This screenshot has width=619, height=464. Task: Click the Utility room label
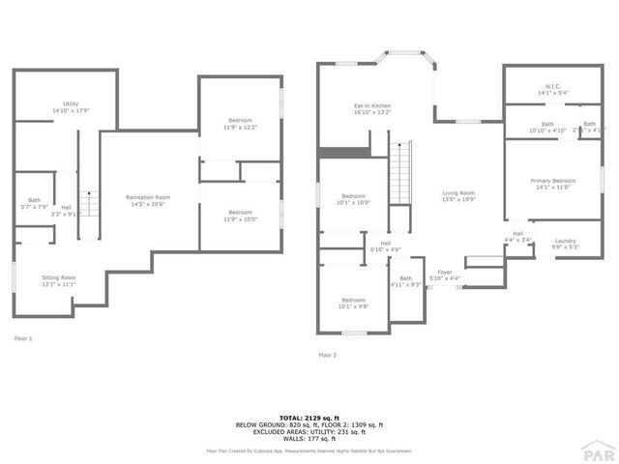coord(71,107)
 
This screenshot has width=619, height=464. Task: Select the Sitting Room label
coord(59,281)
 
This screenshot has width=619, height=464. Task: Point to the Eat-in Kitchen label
coord(371,108)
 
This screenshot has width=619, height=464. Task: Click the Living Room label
coord(458,196)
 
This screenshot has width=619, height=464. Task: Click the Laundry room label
coord(565,244)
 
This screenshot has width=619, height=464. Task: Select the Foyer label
coord(445,275)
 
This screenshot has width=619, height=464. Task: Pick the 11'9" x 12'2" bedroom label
coord(239,124)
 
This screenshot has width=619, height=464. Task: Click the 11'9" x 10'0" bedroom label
coord(240,215)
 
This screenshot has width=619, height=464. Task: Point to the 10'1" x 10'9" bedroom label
coord(353,199)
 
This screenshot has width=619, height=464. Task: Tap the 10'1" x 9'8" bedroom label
coord(352,303)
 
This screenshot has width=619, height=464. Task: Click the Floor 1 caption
coord(23,338)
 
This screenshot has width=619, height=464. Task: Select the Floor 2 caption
coord(328,355)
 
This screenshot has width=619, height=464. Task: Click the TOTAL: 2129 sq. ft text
coord(309,417)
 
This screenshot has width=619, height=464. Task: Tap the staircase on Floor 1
coord(89,204)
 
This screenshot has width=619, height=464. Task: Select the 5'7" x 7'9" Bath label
coord(34,204)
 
